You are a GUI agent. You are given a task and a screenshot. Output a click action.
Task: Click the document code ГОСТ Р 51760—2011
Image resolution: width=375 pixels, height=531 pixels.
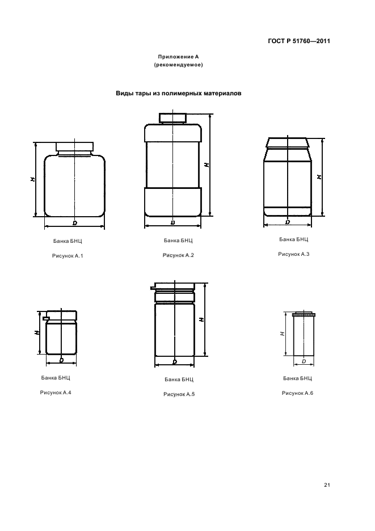[299, 41]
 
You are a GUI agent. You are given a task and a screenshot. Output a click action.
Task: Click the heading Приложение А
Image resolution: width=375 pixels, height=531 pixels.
[178, 57]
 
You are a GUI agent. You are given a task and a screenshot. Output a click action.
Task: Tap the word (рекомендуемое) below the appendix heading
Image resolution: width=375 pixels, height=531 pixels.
[178, 65]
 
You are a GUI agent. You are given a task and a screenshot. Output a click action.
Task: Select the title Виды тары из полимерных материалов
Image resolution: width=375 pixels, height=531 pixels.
[179, 94]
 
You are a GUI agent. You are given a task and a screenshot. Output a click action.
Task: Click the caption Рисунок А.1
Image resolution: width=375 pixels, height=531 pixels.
[68, 256]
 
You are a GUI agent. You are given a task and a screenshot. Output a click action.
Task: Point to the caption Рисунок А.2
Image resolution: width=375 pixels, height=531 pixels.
[178, 255]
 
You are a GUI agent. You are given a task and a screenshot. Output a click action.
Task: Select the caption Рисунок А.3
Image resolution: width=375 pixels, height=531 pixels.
[294, 254]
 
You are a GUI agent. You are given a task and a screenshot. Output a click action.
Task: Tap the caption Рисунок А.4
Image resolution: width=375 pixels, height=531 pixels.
[56, 393]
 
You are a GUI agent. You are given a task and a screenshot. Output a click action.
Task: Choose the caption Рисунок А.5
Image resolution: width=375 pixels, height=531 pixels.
[179, 394]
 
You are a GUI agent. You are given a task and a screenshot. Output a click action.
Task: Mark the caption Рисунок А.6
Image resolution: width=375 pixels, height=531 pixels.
[297, 393]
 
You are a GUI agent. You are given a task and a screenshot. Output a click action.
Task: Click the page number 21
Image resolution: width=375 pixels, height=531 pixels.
[327, 485]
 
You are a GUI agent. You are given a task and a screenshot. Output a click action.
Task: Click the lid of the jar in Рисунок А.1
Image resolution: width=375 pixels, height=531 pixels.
[74, 146]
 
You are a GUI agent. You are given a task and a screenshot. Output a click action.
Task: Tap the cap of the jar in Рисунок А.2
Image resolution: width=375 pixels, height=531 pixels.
[173, 117]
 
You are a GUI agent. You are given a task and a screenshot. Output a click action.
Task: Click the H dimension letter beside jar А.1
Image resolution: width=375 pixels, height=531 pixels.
[32, 179]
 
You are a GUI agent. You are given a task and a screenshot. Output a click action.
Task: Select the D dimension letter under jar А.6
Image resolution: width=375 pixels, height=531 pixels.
[304, 361]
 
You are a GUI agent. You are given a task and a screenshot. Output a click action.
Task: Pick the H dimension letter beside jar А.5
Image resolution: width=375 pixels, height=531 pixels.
[201, 319]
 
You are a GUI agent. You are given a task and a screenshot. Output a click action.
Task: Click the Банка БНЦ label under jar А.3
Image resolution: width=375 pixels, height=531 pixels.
[294, 239]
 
